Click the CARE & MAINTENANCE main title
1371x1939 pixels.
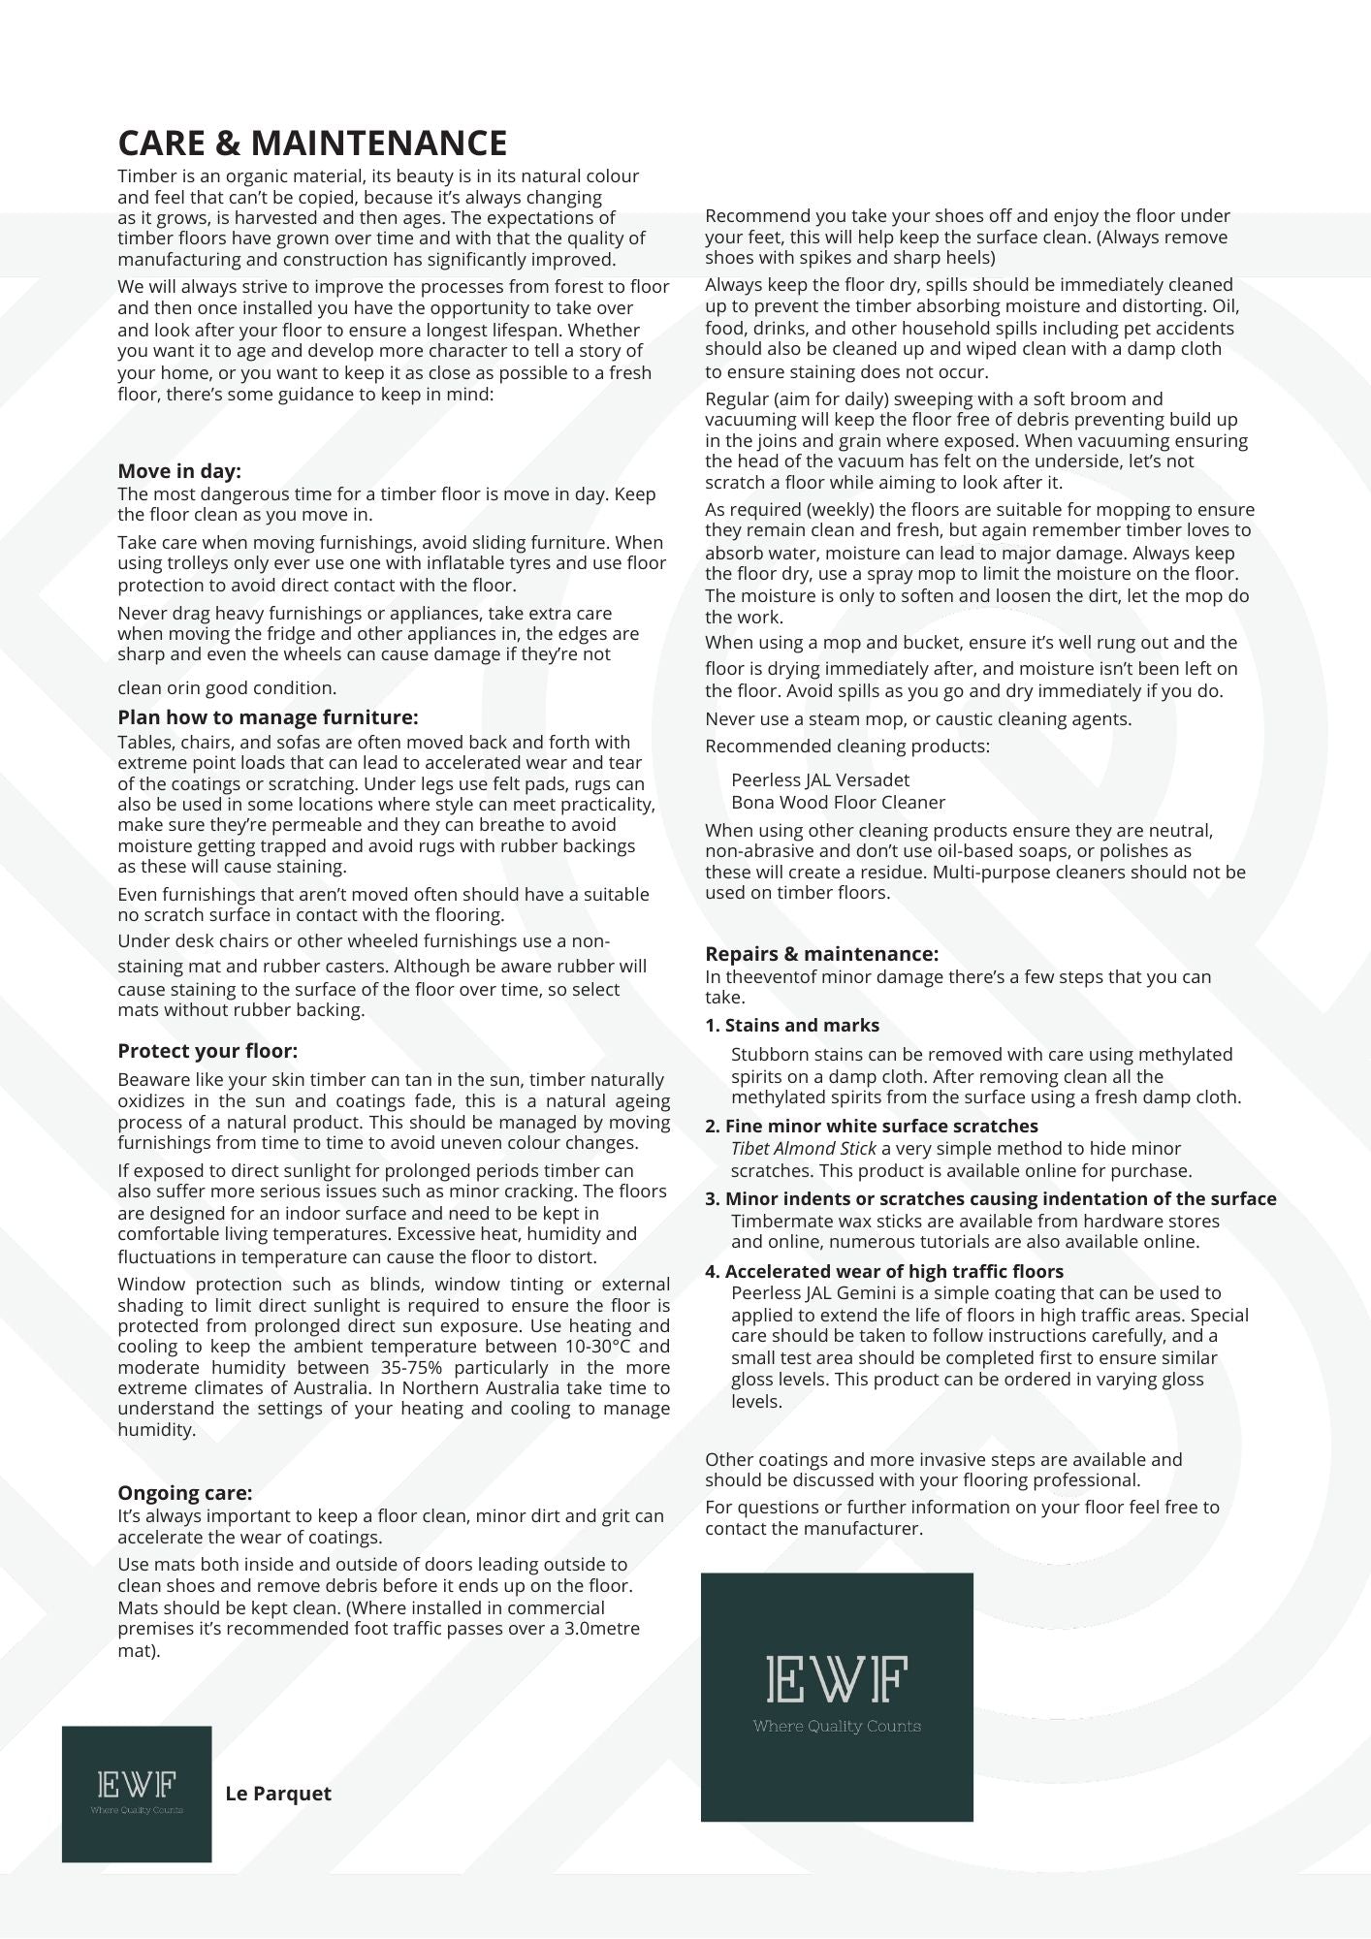click(312, 143)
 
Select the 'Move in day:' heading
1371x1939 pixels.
click(179, 471)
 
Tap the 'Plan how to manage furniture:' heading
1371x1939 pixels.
click(268, 717)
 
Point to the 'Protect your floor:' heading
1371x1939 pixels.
click(207, 1051)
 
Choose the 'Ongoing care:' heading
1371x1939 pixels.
click(184, 1493)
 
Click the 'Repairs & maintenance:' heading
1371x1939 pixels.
click(821, 954)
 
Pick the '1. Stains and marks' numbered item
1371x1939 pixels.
click(792, 1026)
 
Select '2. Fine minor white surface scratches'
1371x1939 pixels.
click(872, 1127)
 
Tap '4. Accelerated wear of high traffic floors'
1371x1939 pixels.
click(884, 1272)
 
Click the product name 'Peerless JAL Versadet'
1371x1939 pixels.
click(820, 780)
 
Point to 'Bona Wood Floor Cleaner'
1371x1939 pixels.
click(838, 803)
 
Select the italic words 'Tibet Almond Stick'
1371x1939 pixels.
click(804, 1149)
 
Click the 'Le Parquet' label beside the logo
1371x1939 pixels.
click(278, 1794)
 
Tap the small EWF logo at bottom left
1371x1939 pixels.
click(137, 1794)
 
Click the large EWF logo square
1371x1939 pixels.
click(837, 1697)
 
